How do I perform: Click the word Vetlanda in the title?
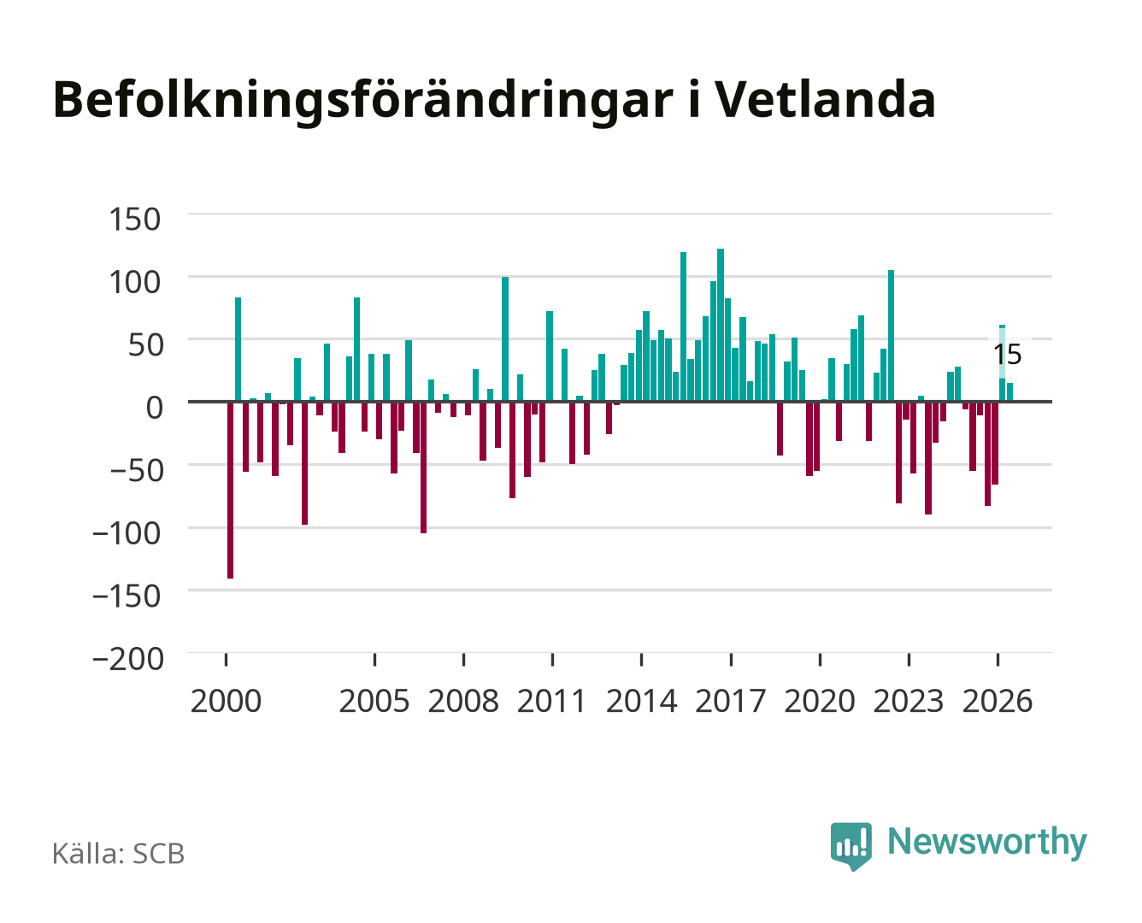[826, 100]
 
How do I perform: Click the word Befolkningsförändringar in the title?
[363, 102]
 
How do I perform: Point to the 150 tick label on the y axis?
[134, 220]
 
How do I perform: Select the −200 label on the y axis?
[128, 658]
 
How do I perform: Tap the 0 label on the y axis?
[155, 408]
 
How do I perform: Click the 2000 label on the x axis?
[226, 701]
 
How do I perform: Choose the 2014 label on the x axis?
[641, 701]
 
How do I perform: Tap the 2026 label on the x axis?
[998, 701]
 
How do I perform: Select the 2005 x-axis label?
[374, 701]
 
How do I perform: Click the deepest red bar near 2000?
[230, 490]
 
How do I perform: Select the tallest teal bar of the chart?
[720, 325]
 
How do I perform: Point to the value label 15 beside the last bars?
[1008, 355]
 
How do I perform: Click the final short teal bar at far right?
[1010, 391]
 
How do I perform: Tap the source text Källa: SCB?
[119, 854]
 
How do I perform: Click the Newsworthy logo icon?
[851, 846]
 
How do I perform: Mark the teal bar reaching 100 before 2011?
[505, 338]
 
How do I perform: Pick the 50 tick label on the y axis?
[145, 344]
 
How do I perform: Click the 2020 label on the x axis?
[819, 701]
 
